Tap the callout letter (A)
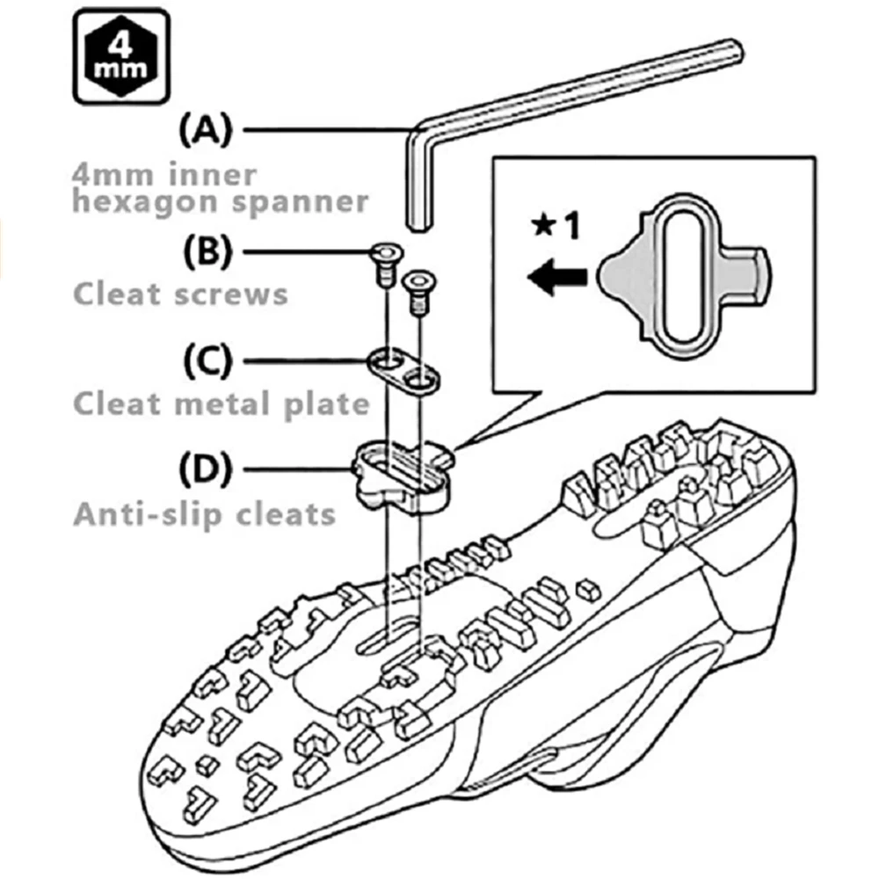[x=204, y=131]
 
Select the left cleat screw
[x=383, y=262]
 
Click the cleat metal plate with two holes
[x=403, y=369]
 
